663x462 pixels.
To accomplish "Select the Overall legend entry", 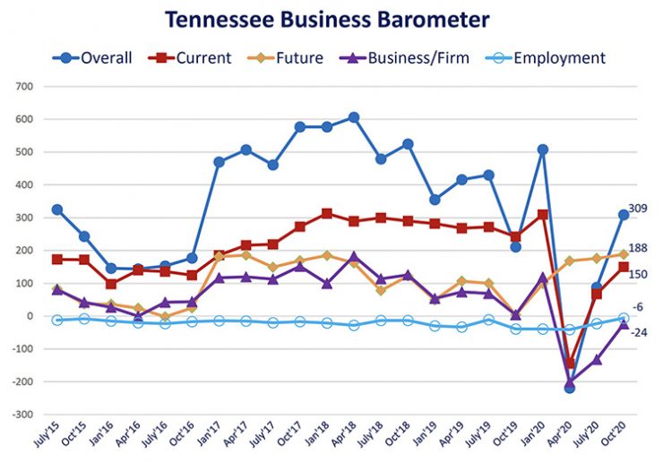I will tap(93, 58).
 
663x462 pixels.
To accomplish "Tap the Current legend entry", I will tap(192, 58).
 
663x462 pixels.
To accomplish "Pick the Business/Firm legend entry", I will tap(399, 58).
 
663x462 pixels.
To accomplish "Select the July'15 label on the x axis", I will tap(45, 439).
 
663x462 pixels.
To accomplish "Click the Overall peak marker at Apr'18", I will tap(354, 117).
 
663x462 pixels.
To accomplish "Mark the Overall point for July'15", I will tap(57, 210).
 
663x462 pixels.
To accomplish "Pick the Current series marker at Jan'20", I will tap(542, 215).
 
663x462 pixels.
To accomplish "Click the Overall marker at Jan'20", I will tap(542, 150).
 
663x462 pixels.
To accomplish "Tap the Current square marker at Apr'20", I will tap(569, 363).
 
